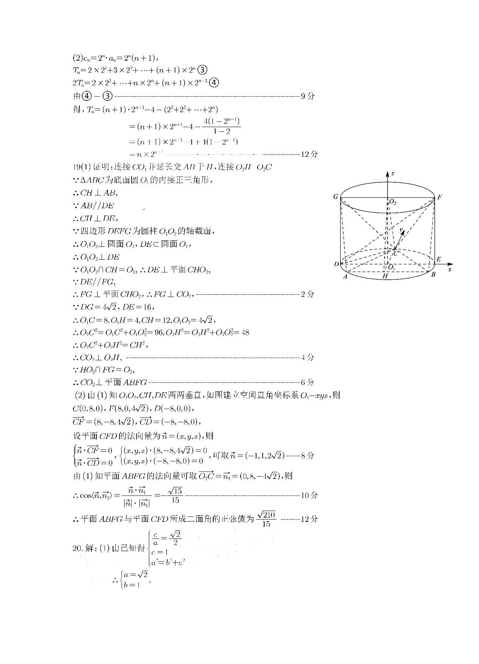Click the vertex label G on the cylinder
[336, 197]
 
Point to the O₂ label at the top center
[393, 202]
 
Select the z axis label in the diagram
[393, 174]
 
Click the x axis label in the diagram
[450, 270]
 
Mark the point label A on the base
[345, 277]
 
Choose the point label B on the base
[433, 275]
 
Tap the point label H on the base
[385, 276]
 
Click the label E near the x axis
[439, 260]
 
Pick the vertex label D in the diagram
[336, 264]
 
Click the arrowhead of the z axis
[387, 174]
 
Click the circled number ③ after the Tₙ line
[202, 70]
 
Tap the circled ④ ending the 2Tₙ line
[214, 83]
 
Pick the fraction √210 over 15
[266, 519]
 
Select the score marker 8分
[307, 455]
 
